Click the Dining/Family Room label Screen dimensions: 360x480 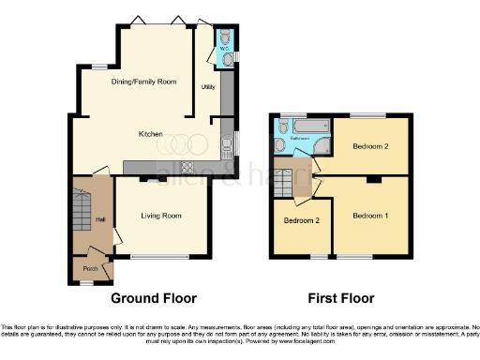142,82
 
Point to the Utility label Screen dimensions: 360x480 208,87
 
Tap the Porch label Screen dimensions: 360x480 91,268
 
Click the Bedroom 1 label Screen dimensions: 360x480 369,216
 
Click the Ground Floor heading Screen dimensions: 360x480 154,299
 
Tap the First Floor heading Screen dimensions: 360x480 341,299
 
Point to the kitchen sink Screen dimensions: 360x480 226,145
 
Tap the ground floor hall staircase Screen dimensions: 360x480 81,206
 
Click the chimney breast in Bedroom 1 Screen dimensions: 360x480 372,179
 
